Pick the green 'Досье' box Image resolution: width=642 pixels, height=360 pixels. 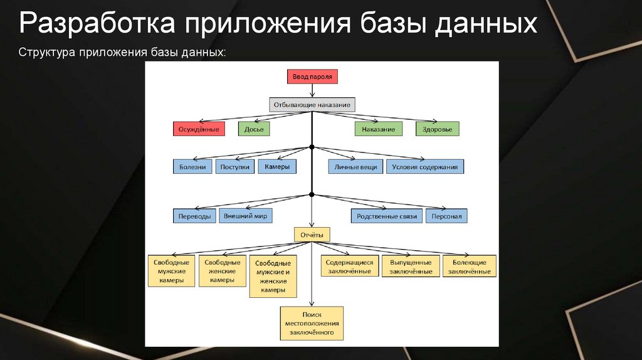point(254,129)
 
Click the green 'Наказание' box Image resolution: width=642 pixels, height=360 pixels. point(378,129)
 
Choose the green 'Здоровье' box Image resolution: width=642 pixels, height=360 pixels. point(437,129)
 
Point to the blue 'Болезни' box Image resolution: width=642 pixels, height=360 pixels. point(192,167)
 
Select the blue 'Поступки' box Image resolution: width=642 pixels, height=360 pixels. point(235,167)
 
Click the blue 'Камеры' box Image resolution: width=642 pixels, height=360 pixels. point(276,167)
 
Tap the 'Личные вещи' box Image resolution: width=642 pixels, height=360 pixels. point(355,167)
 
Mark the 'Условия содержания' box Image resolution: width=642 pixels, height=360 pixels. point(425,167)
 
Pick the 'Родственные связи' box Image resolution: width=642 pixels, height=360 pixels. point(386,216)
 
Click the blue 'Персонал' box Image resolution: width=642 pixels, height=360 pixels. point(446,216)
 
